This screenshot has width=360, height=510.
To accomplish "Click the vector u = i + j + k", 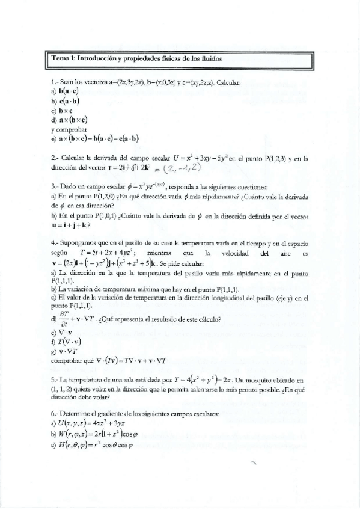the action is click(71, 225).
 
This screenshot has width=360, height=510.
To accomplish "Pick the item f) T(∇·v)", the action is click(67, 342).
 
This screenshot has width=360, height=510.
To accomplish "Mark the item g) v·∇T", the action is click(66, 351).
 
